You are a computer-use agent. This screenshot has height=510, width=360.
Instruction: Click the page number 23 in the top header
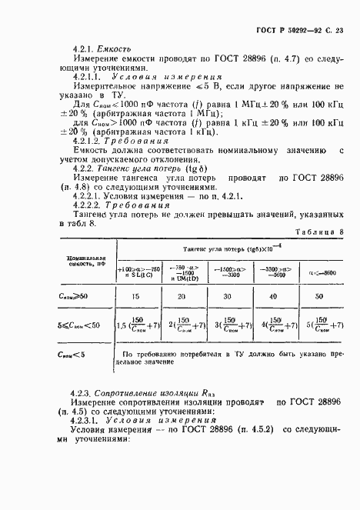tap(338, 28)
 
